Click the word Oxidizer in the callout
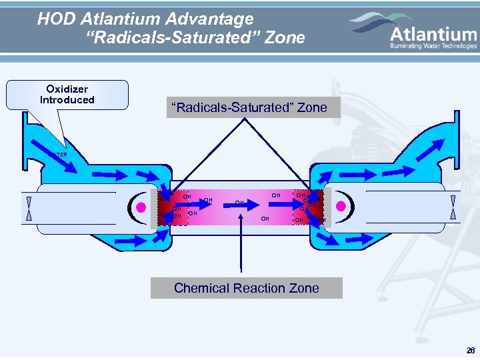(67, 89)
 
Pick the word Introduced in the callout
(67, 100)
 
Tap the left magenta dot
(141, 207)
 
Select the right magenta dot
(341, 206)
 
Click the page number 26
(471, 351)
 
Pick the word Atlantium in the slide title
(123, 19)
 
